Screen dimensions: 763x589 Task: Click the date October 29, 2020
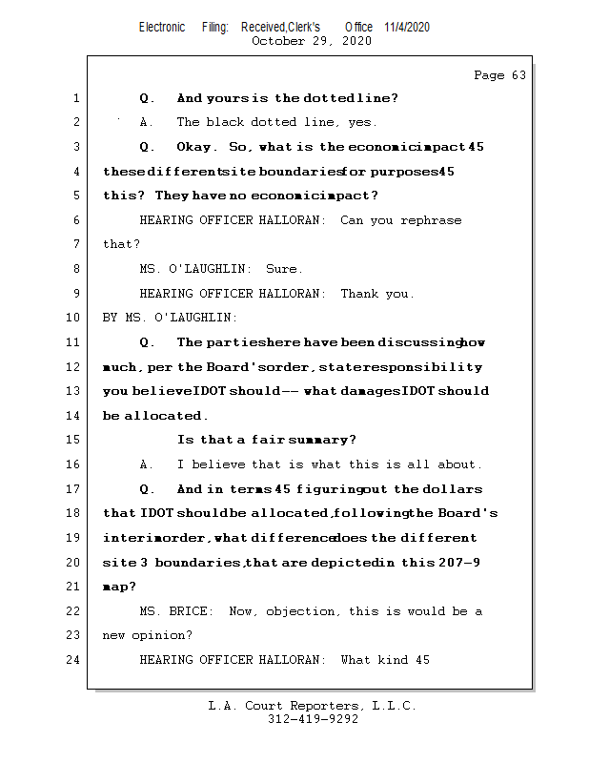point(312,41)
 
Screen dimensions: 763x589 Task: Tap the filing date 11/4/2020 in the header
point(407,27)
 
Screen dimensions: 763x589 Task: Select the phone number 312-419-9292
point(313,720)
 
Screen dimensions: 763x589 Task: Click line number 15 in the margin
point(74,440)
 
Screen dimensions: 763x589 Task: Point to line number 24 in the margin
point(74,660)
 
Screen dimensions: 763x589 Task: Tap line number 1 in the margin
point(75,98)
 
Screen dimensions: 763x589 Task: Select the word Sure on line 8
point(284,269)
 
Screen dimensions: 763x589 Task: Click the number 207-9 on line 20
point(457,563)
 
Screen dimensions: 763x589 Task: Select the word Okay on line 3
point(196,147)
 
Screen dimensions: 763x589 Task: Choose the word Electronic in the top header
point(162,27)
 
